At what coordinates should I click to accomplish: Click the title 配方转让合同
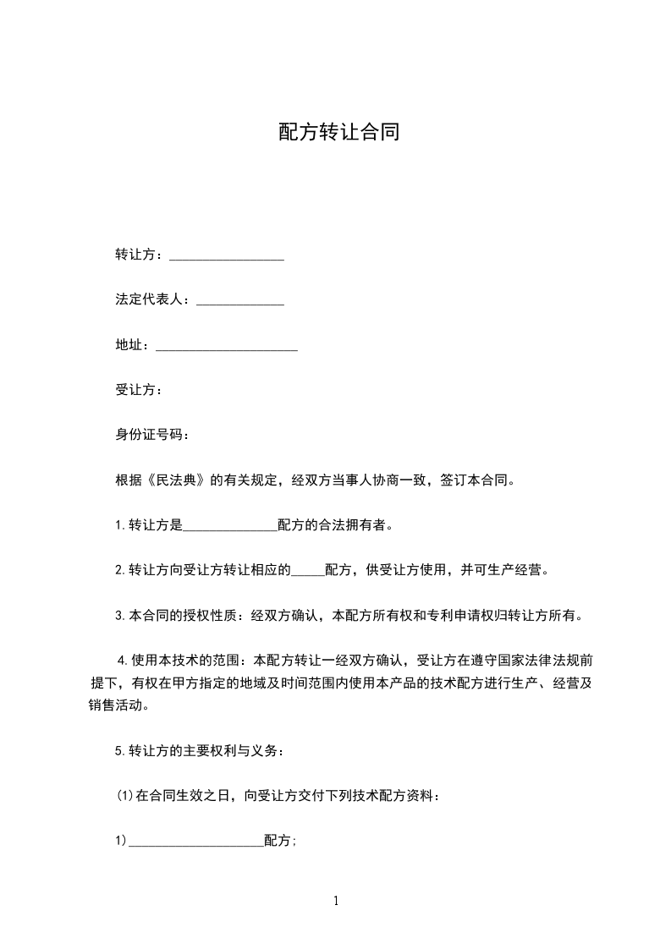click(x=338, y=133)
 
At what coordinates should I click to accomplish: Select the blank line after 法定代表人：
click(x=239, y=301)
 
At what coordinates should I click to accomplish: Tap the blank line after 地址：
click(x=227, y=346)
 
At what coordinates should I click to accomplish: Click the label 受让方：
click(x=139, y=390)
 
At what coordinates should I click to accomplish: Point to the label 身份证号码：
click(x=152, y=435)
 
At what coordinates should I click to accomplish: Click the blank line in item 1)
click(x=195, y=842)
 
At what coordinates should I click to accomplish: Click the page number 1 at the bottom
click(x=336, y=902)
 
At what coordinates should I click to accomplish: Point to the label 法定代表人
click(x=149, y=300)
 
